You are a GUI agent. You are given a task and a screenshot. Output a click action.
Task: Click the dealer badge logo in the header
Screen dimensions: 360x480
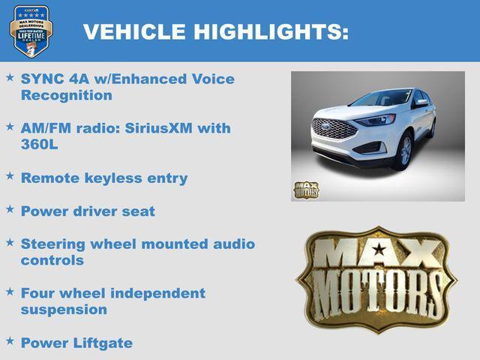(31, 31)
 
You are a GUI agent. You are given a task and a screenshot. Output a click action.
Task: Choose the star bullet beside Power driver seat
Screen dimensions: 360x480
(10, 210)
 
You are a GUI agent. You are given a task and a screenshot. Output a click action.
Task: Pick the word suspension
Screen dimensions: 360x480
(64, 309)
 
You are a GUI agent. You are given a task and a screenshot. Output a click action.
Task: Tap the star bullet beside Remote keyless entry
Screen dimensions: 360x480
(10, 177)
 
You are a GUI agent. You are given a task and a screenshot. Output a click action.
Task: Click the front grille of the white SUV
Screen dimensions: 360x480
(335, 128)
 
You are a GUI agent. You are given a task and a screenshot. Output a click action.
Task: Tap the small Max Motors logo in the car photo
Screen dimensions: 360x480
(306, 189)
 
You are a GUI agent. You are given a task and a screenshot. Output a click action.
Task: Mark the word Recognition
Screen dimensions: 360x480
(67, 95)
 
